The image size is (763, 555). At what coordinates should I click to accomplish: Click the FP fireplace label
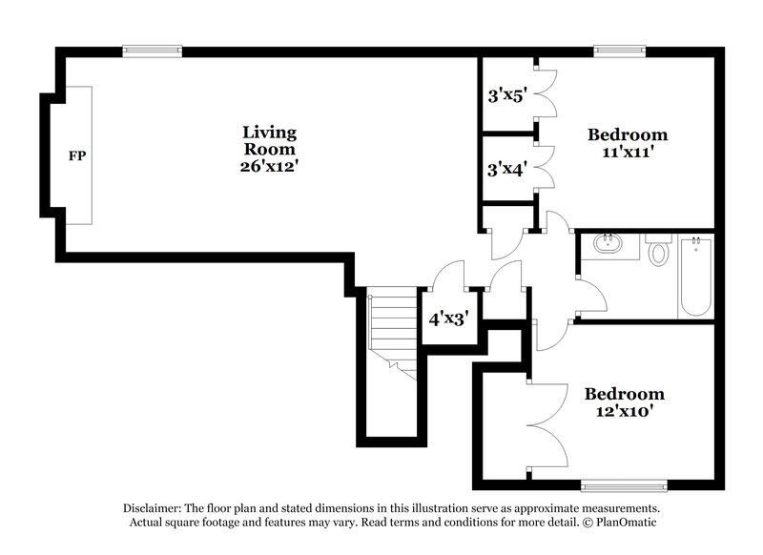click(x=76, y=154)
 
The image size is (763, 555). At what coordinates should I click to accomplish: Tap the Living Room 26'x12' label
click(x=269, y=149)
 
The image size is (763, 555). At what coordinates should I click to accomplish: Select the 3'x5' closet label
click(x=506, y=95)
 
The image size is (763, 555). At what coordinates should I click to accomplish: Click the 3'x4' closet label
click(x=506, y=170)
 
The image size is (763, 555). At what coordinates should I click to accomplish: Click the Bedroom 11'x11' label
click(x=627, y=142)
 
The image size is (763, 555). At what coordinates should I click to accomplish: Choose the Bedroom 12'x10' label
click(x=625, y=402)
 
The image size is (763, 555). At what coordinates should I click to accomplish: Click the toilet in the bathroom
click(x=658, y=253)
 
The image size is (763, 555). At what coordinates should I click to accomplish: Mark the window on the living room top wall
click(x=152, y=51)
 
